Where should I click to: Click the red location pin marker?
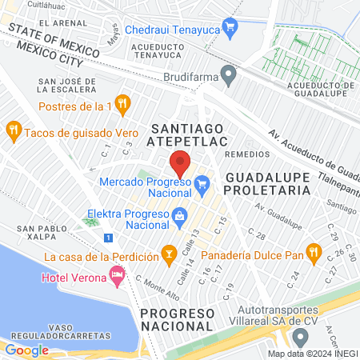[180, 163]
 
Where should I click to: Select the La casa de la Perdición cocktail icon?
[168, 256]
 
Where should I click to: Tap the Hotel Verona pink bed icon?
[117, 277]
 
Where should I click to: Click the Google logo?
[26, 350]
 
